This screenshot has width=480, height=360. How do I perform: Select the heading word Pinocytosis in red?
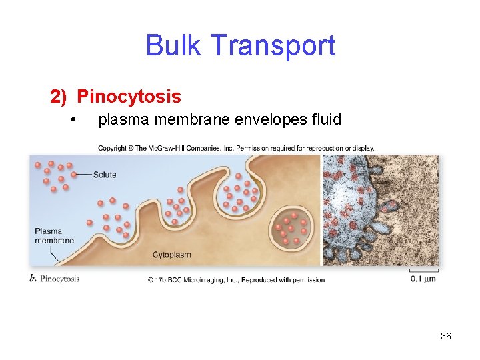(x=129, y=97)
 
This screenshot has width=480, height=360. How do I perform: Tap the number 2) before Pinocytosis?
(x=59, y=97)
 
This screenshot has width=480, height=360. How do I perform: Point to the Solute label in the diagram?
(x=105, y=175)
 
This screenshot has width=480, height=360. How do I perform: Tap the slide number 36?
(x=446, y=336)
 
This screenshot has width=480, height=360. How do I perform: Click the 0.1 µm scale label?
(x=423, y=279)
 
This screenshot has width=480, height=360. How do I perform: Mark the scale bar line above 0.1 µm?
(x=423, y=271)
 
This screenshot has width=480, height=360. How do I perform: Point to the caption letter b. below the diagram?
(x=33, y=279)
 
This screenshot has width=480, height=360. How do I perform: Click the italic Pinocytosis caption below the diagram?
(x=60, y=279)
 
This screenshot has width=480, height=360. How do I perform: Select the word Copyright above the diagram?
(x=112, y=148)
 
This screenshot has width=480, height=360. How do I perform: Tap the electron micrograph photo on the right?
(x=380, y=210)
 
